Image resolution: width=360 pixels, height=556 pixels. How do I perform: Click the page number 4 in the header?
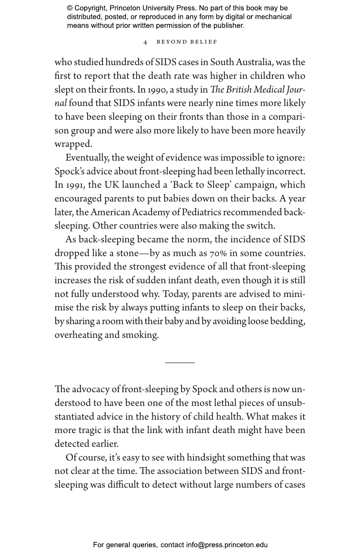click(146, 42)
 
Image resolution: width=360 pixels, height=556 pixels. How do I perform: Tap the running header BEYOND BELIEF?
click(187, 42)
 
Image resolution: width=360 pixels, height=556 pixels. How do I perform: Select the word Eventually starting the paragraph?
click(87, 158)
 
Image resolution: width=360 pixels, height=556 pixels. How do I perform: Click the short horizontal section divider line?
click(180, 362)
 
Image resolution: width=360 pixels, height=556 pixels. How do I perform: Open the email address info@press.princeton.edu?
click(227, 545)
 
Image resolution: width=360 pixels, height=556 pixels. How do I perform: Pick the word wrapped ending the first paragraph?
click(73, 144)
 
